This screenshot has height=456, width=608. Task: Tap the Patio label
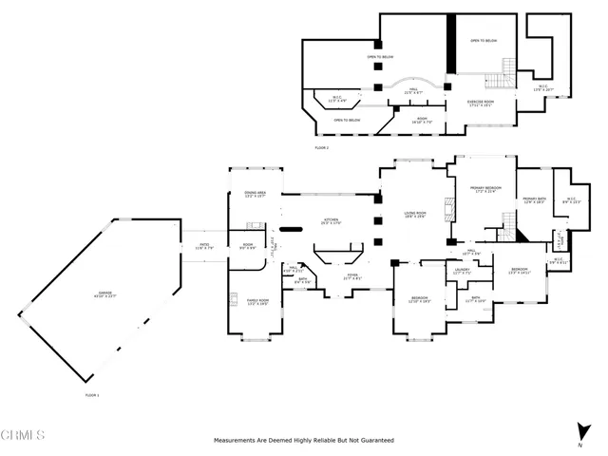pos(203,246)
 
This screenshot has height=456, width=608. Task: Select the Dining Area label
pos(255,196)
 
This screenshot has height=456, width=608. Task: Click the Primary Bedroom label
pos(485,190)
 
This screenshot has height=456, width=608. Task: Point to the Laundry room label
pos(462,272)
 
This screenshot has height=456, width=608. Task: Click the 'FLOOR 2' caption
pos(321,148)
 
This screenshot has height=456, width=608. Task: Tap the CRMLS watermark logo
pos(24,436)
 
